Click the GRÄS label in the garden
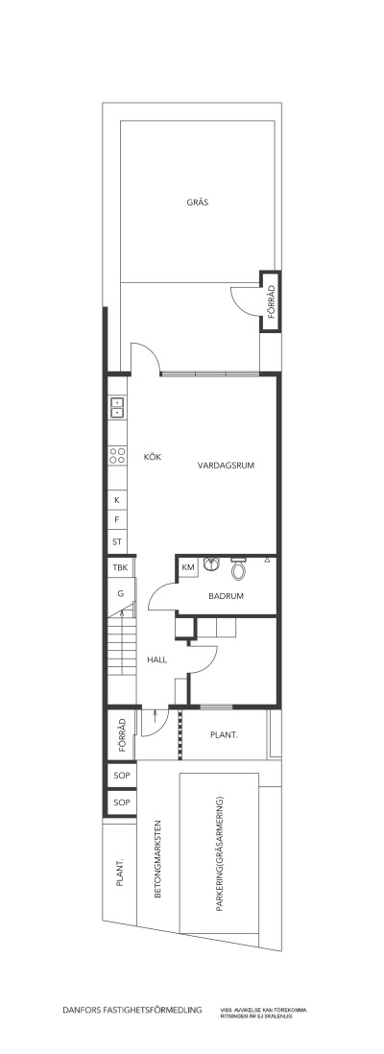coord(199,203)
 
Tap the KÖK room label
coord(152,457)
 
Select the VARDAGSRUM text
coord(225,466)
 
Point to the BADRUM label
coord(226,596)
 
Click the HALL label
coord(157,660)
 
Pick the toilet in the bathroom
coord(239,569)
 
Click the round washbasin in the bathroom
coord(213,565)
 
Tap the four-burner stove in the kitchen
coord(117,456)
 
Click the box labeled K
coord(117,500)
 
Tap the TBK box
coord(119,569)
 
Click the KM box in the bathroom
coord(188,568)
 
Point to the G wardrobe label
coord(121,594)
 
